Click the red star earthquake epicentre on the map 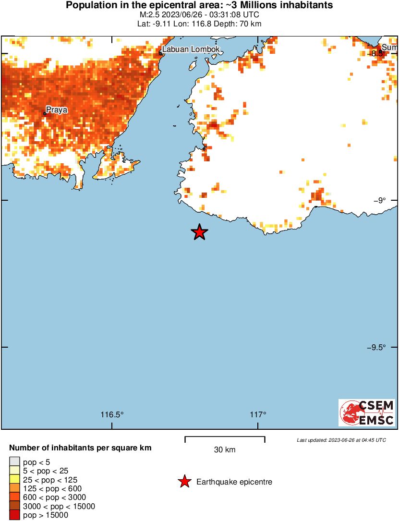tap(199, 232)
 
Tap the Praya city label tap(57, 109)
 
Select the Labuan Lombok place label tap(191, 49)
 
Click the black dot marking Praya tap(45, 114)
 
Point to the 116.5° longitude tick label tap(112, 415)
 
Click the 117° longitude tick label tap(258, 415)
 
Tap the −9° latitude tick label tap(379, 200)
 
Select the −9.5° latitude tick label tap(376, 347)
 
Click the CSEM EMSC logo tap(367, 412)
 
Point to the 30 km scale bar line tap(225, 437)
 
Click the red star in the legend tap(184, 482)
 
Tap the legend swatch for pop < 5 tap(14, 462)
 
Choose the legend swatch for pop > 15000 tap(14, 515)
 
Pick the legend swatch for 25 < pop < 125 tap(14, 480)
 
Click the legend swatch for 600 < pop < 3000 tap(14, 497)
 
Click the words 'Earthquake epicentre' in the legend tap(234, 482)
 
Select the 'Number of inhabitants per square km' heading tap(80, 448)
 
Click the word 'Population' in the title tap(89, 6)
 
